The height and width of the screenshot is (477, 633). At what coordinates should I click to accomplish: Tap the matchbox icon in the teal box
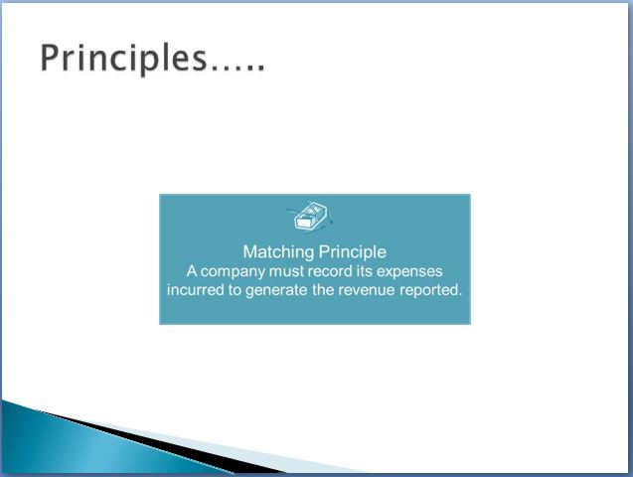coord(310,217)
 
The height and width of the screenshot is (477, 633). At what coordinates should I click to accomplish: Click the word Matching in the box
coord(278,252)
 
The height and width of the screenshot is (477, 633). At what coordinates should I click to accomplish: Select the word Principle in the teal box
coord(353,252)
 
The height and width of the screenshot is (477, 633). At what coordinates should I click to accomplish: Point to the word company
coord(233,271)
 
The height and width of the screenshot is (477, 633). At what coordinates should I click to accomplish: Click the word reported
coord(430,290)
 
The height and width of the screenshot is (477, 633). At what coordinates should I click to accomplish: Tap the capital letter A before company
coord(192,270)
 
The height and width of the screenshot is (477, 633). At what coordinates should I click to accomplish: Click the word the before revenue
coord(323,290)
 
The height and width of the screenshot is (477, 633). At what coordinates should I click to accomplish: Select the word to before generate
coord(235,290)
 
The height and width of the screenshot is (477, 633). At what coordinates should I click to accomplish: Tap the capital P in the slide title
coord(50,58)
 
